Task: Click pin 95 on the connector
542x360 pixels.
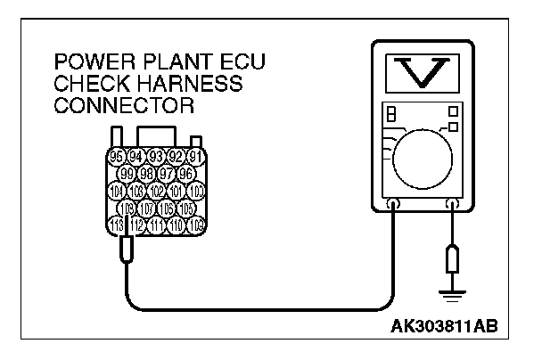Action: (117, 157)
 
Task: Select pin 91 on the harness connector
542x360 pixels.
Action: (197, 157)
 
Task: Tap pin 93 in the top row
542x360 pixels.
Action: (157, 157)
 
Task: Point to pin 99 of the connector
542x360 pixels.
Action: (127, 173)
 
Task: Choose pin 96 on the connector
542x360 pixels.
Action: (186, 173)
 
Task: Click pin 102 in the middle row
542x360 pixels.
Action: (157, 191)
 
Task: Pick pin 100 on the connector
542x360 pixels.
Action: (197, 191)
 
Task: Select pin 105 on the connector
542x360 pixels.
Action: (186, 208)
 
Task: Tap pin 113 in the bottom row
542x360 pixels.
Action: (117, 225)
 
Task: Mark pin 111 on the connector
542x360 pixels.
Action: (157, 225)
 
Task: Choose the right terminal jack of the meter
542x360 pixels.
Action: (451, 204)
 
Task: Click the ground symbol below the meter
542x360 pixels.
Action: (451, 287)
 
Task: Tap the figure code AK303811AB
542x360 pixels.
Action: (449, 325)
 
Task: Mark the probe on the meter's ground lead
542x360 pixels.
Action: (451, 258)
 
